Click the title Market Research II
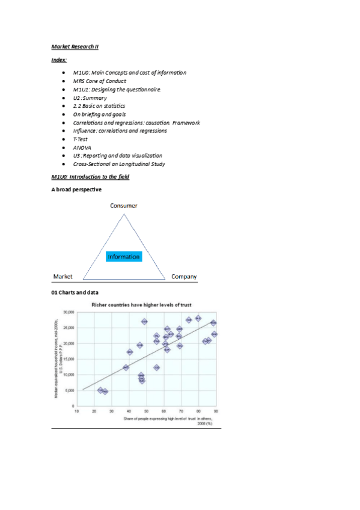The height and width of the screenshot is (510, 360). (x=75, y=46)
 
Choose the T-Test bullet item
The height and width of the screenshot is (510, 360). (x=80, y=139)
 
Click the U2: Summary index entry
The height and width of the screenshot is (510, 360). (x=90, y=97)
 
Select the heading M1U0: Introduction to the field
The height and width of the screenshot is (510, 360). (x=90, y=177)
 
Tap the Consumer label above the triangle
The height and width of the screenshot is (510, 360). (x=123, y=206)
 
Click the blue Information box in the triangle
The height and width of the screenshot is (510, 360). (x=124, y=257)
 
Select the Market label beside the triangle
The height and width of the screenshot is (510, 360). (x=63, y=277)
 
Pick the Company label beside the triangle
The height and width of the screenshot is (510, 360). (x=184, y=277)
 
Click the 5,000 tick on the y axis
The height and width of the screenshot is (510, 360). (x=69, y=390)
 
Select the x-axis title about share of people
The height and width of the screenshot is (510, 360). (x=170, y=419)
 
